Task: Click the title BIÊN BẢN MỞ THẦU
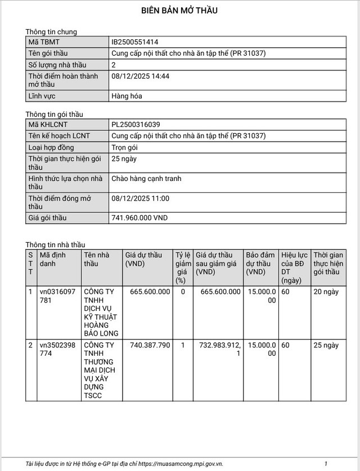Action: tap(179, 11)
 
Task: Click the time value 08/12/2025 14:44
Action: tap(141, 76)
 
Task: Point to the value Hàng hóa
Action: tap(127, 96)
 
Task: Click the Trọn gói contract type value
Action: tap(125, 147)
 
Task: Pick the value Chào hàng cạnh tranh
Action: tap(147, 179)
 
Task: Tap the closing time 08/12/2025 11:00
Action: tap(141, 198)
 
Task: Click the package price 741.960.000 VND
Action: tap(140, 218)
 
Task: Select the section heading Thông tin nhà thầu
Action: tap(55, 244)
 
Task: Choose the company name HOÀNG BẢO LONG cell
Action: tap(101, 313)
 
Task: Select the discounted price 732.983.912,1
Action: tap(219, 349)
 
